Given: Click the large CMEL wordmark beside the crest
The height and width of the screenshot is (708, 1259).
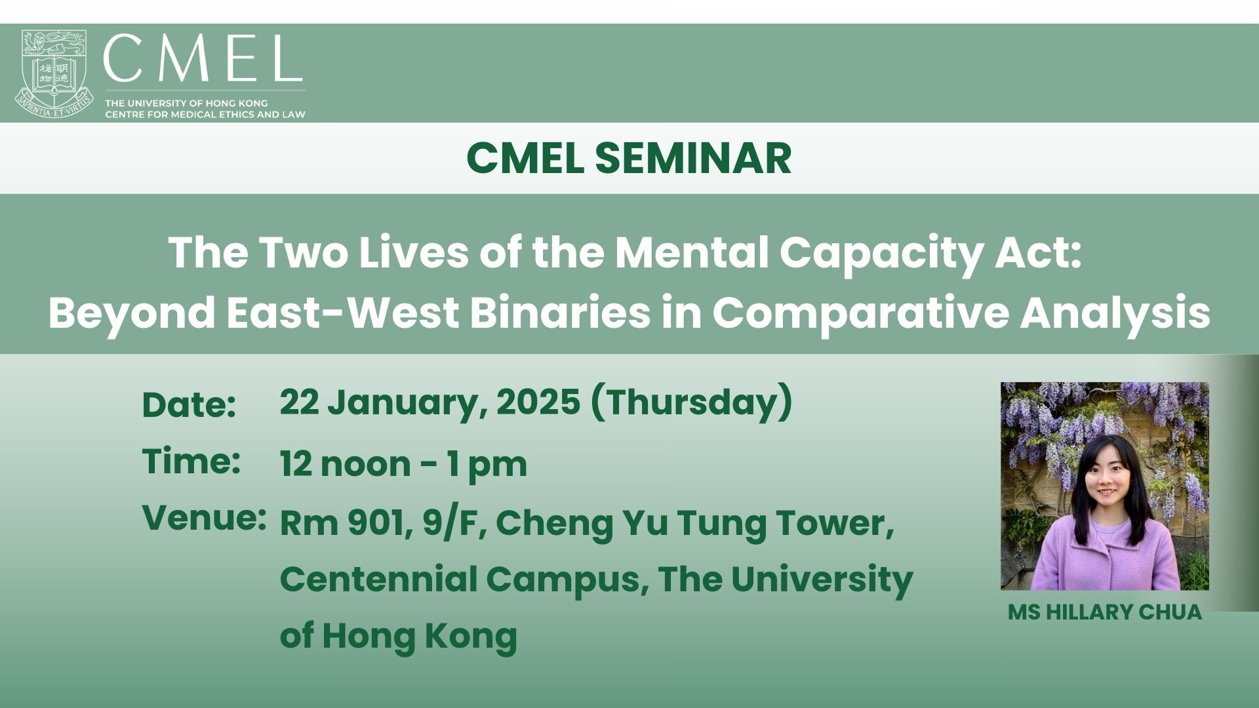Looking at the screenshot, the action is pyautogui.click(x=203, y=58).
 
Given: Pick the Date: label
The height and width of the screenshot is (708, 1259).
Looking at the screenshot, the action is pyautogui.click(x=189, y=404).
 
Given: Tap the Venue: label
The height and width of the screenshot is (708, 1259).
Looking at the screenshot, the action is pyautogui.click(x=205, y=518).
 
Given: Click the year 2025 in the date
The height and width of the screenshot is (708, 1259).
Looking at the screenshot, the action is pyautogui.click(x=538, y=402).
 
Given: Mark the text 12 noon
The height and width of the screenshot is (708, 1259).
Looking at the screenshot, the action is pyautogui.click(x=346, y=464).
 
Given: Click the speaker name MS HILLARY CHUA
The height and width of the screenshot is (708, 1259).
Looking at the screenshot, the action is pyautogui.click(x=1105, y=612).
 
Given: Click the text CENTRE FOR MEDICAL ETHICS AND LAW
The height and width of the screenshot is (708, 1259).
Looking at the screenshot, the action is pyautogui.click(x=205, y=115).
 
